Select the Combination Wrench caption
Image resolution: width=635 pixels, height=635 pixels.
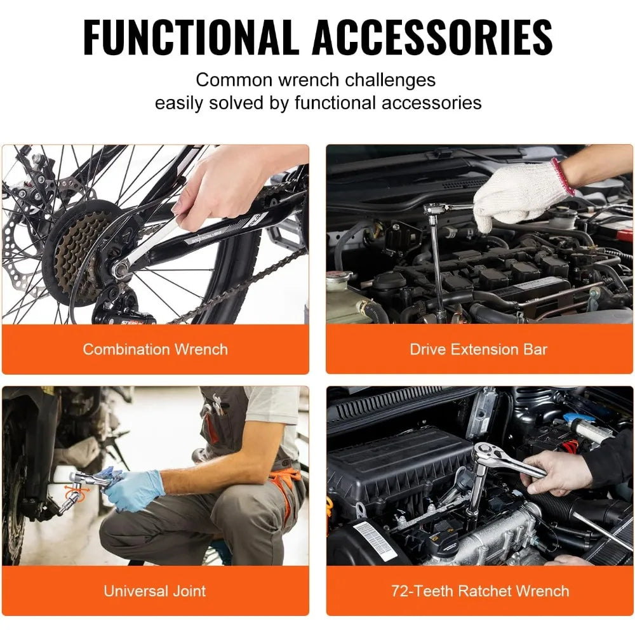[155, 349]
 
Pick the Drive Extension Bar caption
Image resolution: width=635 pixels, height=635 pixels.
[478, 349]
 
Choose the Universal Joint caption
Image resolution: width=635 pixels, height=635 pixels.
[155, 591]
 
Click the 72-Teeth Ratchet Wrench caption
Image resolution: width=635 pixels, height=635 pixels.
[480, 591]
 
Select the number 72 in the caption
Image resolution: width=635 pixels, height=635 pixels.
[400, 591]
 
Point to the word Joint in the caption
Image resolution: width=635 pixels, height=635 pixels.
[188, 591]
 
